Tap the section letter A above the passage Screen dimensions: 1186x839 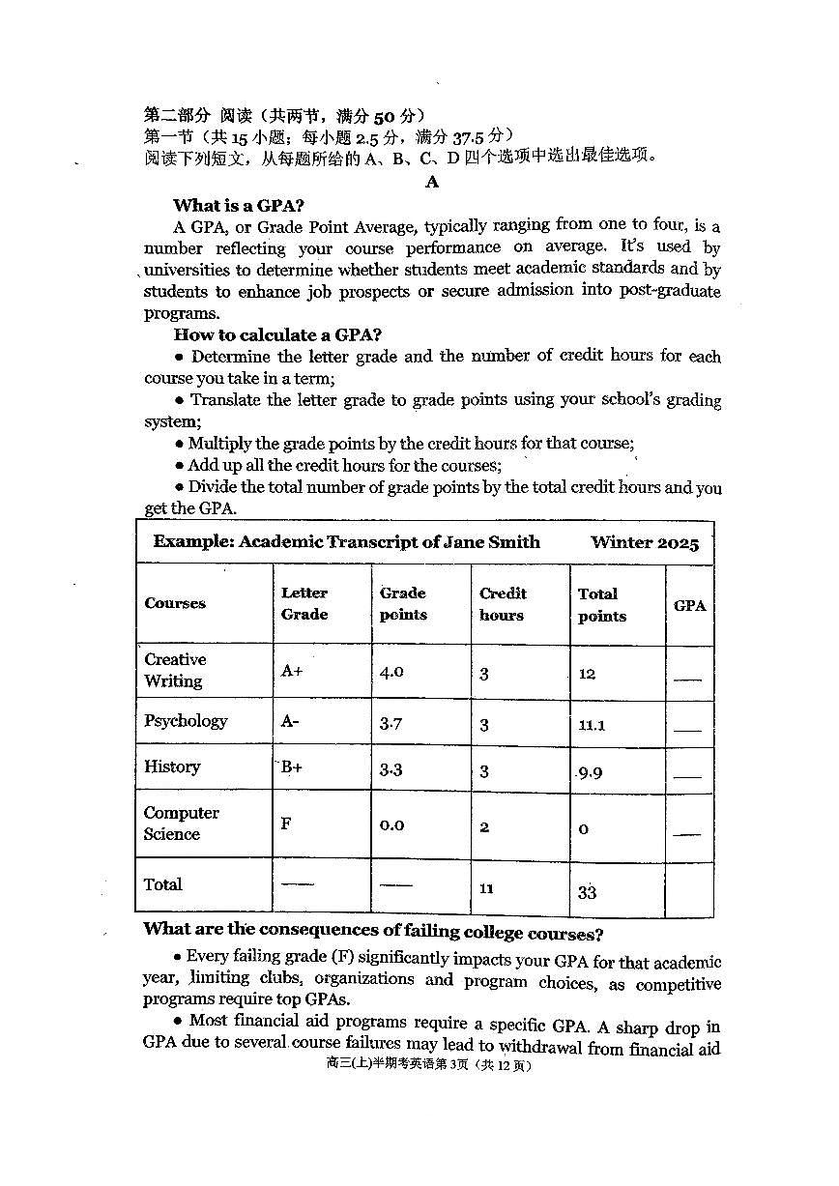coord(431,182)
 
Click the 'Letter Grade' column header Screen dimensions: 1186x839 coord(304,604)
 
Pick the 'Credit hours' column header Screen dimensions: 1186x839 coord(503,604)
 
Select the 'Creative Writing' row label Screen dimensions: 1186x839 coord(175,670)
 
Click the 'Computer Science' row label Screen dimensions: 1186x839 coord(181,824)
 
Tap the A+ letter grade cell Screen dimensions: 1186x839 coord(292,671)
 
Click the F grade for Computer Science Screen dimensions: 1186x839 coord(286,824)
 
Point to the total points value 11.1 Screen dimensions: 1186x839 coord(592,725)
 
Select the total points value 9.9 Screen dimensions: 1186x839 coord(591,773)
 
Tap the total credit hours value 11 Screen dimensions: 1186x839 coord(486,888)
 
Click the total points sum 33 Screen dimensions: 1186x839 coord(587,892)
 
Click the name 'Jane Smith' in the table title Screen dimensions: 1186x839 coord(491,542)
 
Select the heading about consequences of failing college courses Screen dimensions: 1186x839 coord(373,932)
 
